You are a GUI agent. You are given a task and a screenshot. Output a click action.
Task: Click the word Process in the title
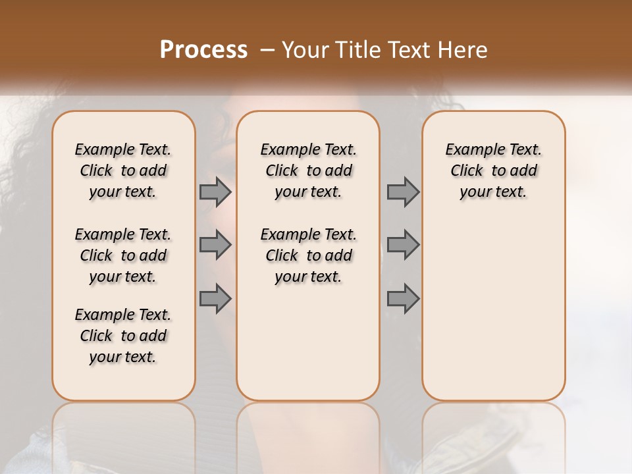coord(203,50)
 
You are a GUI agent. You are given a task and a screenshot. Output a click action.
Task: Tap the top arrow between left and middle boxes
coord(215,192)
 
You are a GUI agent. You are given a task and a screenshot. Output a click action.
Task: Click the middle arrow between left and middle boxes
coord(215,245)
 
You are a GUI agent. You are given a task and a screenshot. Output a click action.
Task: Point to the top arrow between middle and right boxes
coord(403,192)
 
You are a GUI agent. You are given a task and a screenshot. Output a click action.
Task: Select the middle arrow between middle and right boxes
coord(403,245)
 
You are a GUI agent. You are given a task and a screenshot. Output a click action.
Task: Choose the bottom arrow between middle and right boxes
coord(403,298)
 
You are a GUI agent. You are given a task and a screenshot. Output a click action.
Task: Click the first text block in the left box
coord(123,171)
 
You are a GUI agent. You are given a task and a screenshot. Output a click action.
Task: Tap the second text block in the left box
coord(123,255)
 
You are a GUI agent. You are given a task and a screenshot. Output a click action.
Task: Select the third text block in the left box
coord(123,336)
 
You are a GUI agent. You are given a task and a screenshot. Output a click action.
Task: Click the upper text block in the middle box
coord(308,171)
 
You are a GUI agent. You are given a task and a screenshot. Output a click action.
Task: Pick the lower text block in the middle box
coord(308,255)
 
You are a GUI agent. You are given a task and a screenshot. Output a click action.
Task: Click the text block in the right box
coord(493,171)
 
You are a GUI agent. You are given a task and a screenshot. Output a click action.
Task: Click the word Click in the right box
coord(467,171)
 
